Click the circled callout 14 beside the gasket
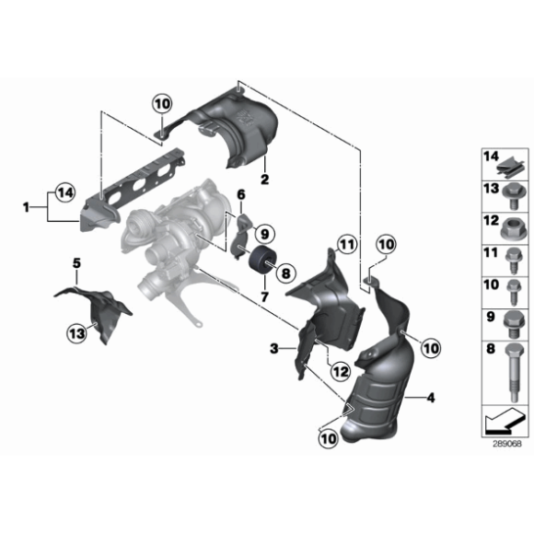click(x=64, y=192)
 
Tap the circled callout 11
click(x=345, y=244)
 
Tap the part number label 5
click(x=76, y=264)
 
